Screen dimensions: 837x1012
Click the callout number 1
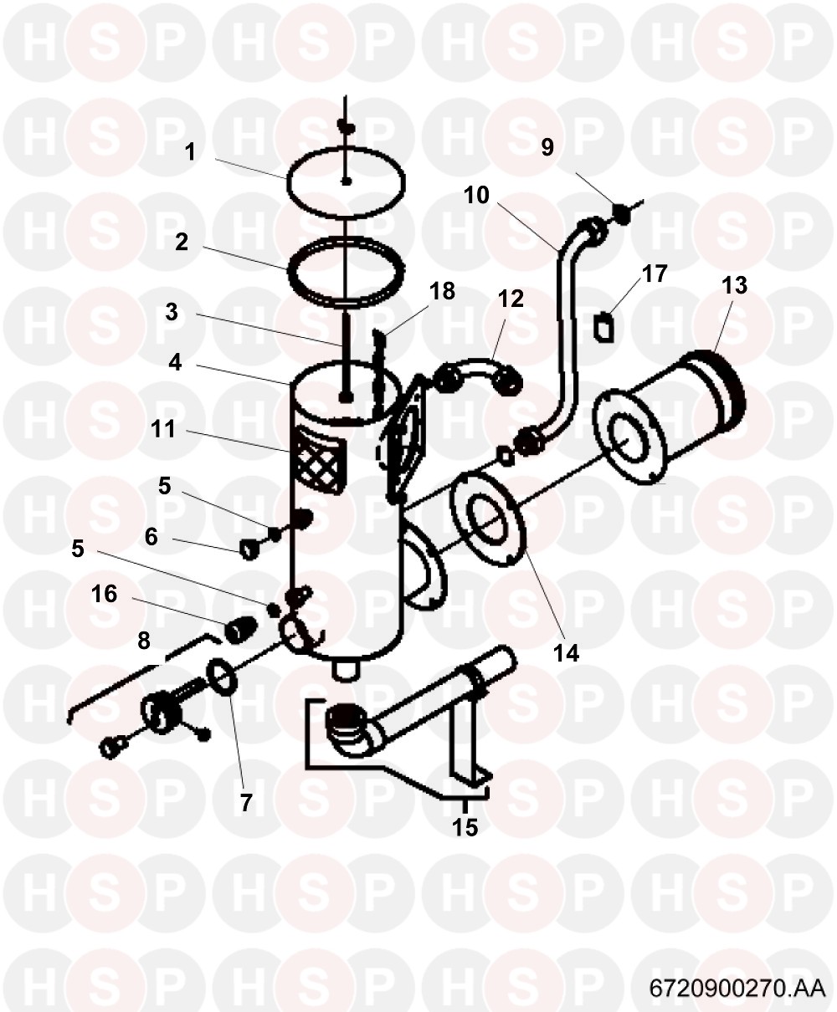[x=190, y=152]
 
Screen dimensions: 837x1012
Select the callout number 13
[x=734, y=285]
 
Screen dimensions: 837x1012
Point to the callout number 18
[x=442, y=291]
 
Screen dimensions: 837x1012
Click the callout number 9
[x=547, y=147]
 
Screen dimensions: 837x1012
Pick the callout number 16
[x=105, y=594]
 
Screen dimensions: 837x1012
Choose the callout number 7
[x=246, y=803]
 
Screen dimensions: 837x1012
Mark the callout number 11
[x=163, y=429]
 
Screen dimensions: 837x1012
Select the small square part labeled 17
[x=605, y=328]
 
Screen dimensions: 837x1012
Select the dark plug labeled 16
[x=239, y=630]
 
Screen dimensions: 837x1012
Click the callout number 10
[x=476, y=196]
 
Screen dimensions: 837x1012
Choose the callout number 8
[x=144, y=641]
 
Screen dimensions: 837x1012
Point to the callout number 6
[x=151, y=537]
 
